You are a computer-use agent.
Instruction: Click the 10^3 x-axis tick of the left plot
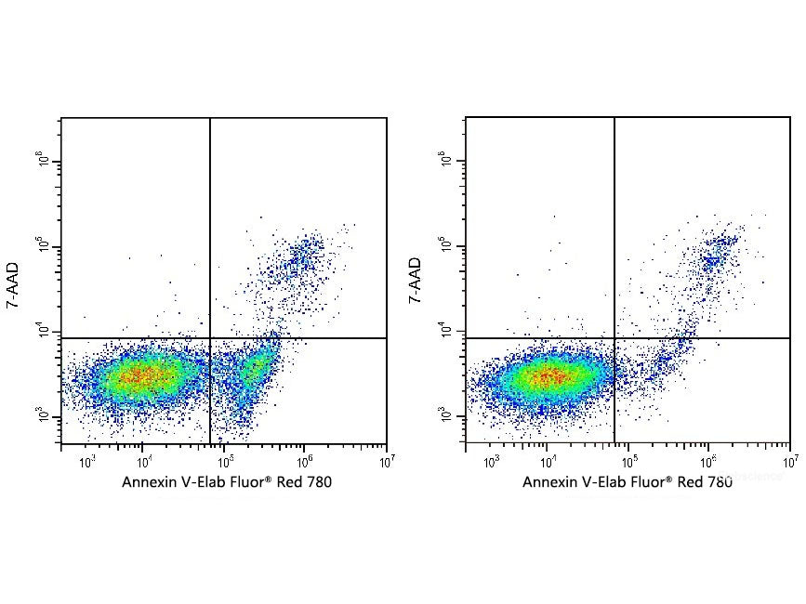[87, 459]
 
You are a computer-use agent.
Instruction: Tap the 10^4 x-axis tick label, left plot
[142, 459]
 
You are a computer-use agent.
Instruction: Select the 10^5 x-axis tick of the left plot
[225, 459]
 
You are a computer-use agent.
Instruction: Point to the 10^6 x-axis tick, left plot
[306, 459]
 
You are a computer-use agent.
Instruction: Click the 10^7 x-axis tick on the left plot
[387, 459]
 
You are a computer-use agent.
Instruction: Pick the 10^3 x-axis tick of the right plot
[492, 459]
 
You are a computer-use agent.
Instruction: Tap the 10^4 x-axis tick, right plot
[547, 459]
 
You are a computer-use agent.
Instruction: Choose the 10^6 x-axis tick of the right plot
[709, 459]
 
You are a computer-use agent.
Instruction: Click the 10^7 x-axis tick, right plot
[790, 459]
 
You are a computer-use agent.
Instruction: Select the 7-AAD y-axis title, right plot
[416, 282]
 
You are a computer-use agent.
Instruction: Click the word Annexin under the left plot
[148, 482]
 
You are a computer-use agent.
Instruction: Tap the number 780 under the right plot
[718, 482]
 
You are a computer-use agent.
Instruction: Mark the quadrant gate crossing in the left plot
[210, 338]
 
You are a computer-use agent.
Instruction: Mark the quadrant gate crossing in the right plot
[614, 338]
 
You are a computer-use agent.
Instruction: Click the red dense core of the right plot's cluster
[548, 376]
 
